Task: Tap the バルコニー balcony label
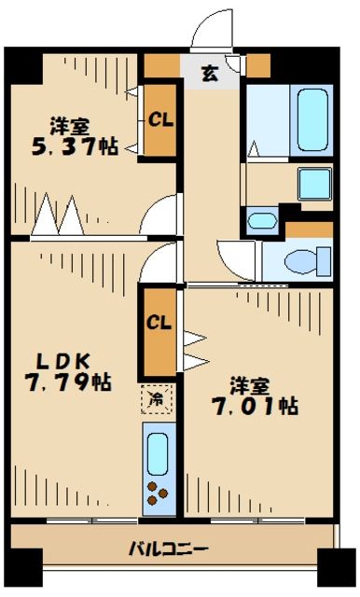168,548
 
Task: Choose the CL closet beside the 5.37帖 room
160,118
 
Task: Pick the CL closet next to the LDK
159,323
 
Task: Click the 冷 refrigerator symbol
157,399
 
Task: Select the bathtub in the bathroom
312,121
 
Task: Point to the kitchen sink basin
157,452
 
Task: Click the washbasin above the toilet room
263,221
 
